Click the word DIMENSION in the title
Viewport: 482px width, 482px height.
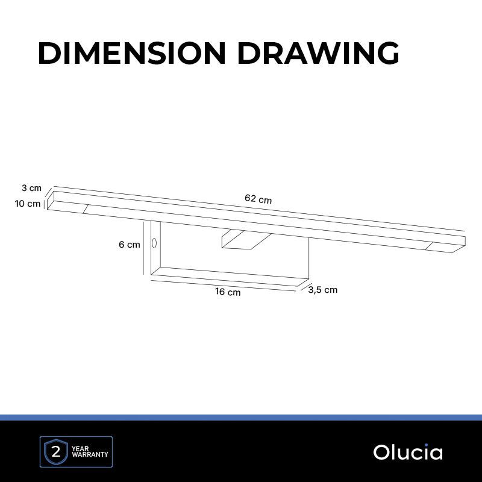click(x=132, y=53)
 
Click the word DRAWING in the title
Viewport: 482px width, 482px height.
click(x=319, y=53)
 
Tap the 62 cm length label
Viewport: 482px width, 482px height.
click(x=258, y=199)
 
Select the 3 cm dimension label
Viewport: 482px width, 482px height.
click(x=31, y=188)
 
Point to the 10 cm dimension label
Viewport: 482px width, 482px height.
click(x=28, y=204)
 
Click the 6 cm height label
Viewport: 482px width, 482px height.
click(x=130, y=245)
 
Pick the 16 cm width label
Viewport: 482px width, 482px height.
click(x=228, y=292)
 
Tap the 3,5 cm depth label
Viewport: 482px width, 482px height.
click(x=323, y=290)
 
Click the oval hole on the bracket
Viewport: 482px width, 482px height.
click(x=154, y=243)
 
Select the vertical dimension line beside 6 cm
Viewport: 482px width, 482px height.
click(x=143, y=248)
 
